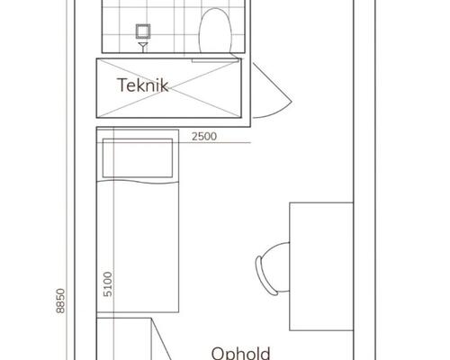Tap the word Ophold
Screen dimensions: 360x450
point(241,353)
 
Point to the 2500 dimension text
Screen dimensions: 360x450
point(206,136)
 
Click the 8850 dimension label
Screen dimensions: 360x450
point(61,301)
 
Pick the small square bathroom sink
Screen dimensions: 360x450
point(142,32)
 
